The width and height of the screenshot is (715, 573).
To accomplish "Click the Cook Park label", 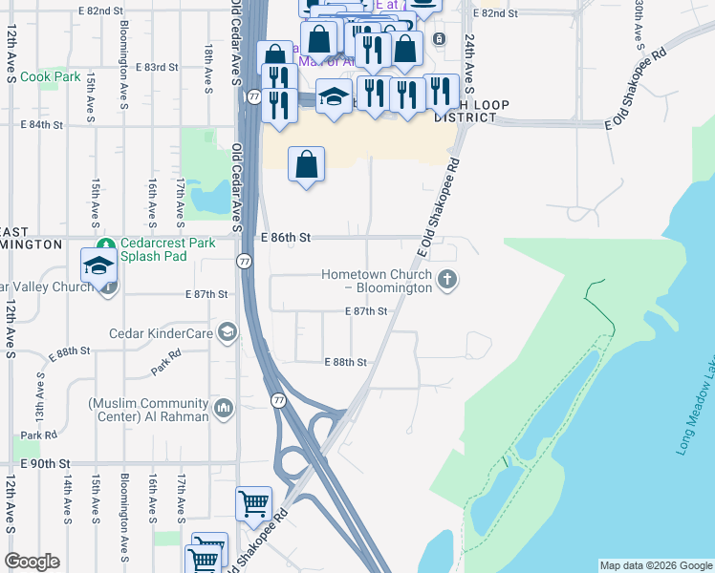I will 50,76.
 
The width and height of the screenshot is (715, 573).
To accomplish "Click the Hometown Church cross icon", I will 446,280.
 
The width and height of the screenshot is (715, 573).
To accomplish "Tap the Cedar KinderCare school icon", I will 227,332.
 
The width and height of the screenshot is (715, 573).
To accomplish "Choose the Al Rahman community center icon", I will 224,409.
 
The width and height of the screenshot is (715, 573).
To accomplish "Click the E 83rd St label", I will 157,67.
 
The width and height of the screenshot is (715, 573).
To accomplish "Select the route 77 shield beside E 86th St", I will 245,261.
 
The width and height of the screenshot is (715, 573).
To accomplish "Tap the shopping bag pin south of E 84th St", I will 306,165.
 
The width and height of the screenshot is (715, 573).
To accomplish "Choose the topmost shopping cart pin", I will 253,502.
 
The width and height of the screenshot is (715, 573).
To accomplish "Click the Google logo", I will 32,562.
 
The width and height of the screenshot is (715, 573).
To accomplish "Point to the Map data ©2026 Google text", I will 655,565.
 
